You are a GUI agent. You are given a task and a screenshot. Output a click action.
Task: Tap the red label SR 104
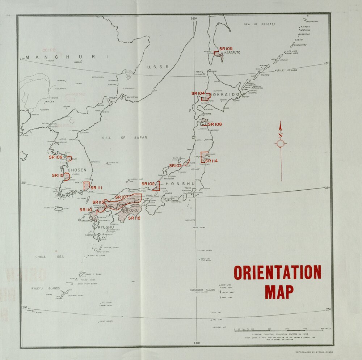pyautogui.click(x=198, y=93)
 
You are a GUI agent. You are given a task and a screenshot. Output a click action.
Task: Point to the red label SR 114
pyautogui.click(x=211, y=161)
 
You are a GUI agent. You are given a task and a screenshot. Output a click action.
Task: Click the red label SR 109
pyautogui.click(x=56, y=157)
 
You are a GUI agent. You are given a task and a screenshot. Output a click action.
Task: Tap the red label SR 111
pyautogui.click(x=96, y=188)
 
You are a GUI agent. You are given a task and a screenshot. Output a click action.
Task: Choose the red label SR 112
pyautogui.click(x=134, y=218)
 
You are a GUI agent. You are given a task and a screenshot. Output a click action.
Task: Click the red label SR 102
pyautogui.click(x=148, y=184)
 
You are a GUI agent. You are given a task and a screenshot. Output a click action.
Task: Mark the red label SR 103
pyautogui.click(x=175, y=166)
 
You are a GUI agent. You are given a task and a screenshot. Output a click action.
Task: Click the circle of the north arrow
pyautogui.click(x=280, y=144)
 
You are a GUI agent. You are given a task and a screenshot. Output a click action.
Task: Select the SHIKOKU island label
pyautogui.click(x=130, y=210)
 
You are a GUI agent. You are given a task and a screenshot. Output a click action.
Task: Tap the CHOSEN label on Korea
pyautogui.click(x=77, y=170)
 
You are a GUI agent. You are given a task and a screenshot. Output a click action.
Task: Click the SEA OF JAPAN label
pyautogui.click(x=125, y=137)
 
